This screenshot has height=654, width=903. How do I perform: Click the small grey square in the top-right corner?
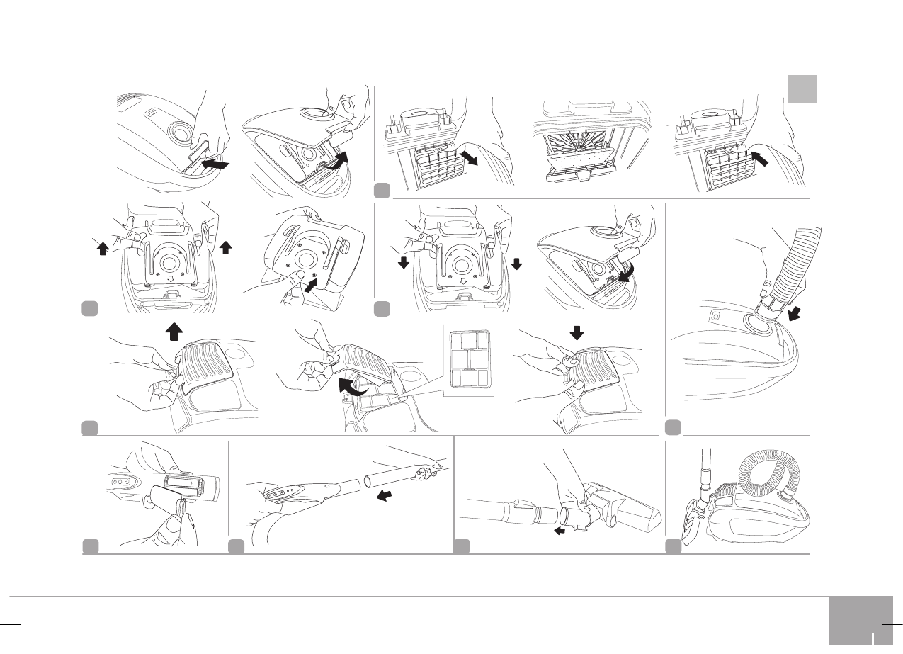click(802, 89)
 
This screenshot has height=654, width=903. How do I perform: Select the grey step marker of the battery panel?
click(90, 546)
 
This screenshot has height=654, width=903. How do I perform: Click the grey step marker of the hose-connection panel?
click(674, 427)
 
